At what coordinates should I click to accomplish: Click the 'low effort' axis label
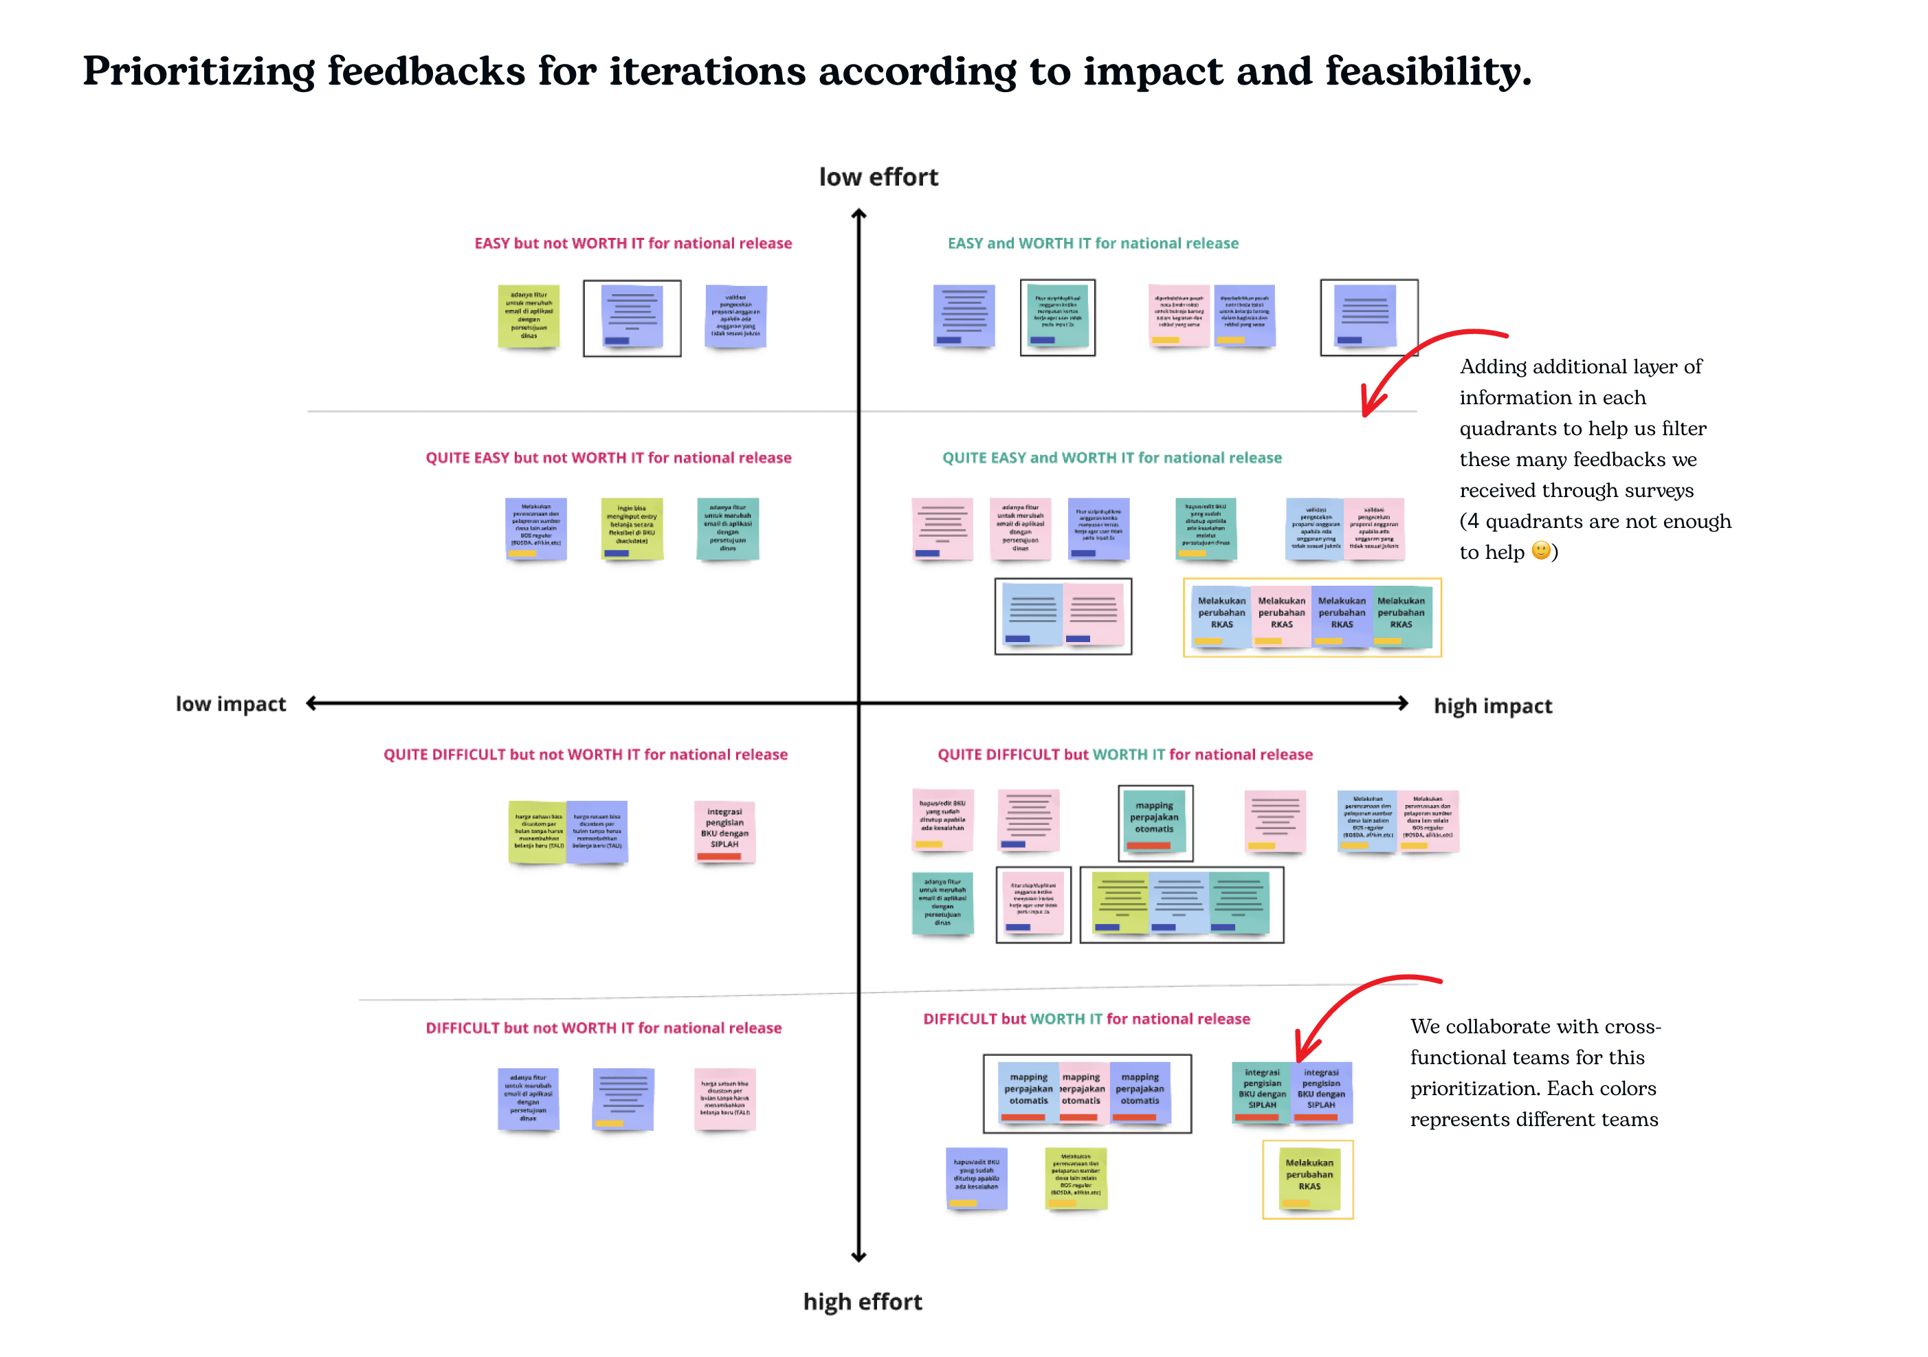(878, 177)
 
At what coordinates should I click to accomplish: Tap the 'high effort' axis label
(863, 1301)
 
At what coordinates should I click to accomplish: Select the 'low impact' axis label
(230, 704)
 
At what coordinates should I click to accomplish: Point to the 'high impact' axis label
(1492, 706)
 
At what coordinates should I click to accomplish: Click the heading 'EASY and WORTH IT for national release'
(1092, 243)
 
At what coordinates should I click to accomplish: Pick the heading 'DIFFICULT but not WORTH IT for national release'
(603, 1028)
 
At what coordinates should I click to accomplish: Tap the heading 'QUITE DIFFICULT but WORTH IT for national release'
(1124, 754)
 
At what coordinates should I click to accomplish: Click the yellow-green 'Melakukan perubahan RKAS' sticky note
(1309, 1179)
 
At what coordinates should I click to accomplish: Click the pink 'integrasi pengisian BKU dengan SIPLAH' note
(724, 830)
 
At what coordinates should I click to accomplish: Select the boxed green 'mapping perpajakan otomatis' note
(1155, 821)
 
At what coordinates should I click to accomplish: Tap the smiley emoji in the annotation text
(1540, 551)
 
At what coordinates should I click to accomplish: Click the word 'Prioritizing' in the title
(198, 72)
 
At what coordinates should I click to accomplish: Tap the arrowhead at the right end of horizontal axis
(1402, 703)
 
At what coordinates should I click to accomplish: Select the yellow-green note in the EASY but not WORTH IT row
(528, 317)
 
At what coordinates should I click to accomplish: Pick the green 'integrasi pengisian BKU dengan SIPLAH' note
(1261, 1092)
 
